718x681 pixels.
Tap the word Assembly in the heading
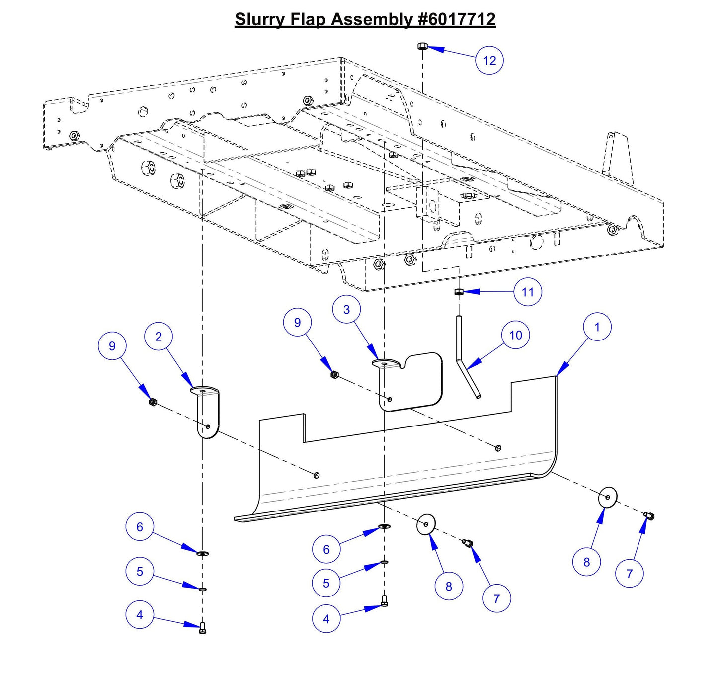(x=372, y=19)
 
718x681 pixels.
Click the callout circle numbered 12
(x=489, y=61)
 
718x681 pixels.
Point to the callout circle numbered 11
(x=527, y=292)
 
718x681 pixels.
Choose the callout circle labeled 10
(x=515, y=335)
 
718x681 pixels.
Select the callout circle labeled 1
(x=597, y=327)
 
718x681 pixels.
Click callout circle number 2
(x=159, y=337)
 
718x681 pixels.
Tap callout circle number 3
(x=346, y=309)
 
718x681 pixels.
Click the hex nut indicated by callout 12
(x=422, y=46)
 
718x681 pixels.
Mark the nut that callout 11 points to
(x=459, y=292)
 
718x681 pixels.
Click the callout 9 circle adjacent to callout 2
(x=112, y=346)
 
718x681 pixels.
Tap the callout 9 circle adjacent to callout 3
(x=297, y=322)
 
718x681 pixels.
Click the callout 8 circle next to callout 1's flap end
(x=586, y=562)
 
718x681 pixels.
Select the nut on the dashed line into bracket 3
(x=334, y=374)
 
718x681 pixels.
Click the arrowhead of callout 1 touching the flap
(x=559, y=374)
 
